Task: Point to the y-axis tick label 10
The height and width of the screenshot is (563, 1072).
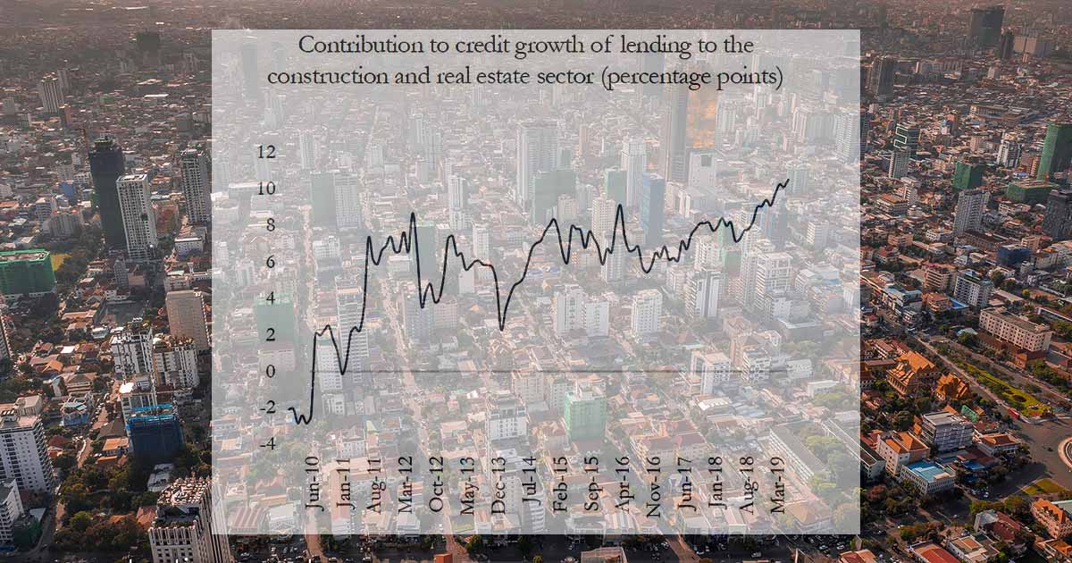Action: tap(265, 189)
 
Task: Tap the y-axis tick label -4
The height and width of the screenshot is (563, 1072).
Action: tap(265, 443)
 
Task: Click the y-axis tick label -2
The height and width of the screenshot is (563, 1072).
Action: tap(265, 408)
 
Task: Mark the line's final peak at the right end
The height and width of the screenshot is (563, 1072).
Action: tap(787, 181)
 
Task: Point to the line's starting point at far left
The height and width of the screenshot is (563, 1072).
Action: tap(290, 409)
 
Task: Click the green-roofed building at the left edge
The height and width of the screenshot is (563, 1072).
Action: tap(26, 271)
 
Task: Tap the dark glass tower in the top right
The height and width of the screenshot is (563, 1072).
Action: tap(986, 27)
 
